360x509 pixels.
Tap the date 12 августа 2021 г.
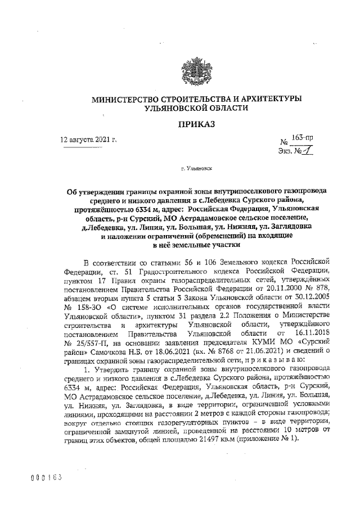(89, 139)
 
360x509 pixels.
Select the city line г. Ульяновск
(196, 168)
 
